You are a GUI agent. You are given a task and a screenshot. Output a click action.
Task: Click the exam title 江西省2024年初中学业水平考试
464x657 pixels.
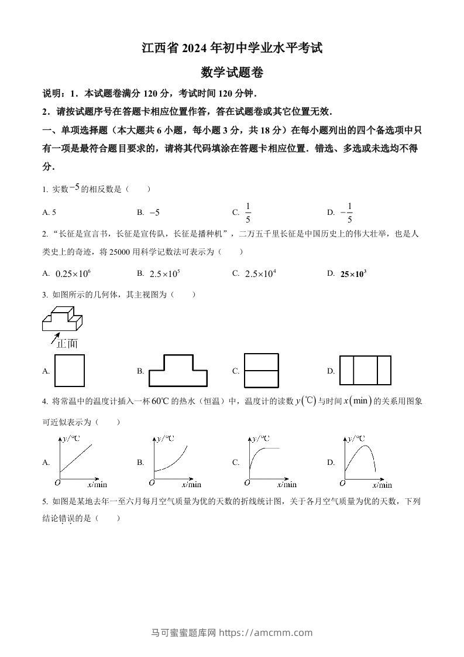pyautogui.click(x=232, y=48)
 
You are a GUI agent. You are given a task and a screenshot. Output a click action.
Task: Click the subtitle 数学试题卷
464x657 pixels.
pyautogui.click(x=232, y=73)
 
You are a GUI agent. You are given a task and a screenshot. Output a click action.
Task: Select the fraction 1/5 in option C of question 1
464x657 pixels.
pyautogui.click(x=248, y=213)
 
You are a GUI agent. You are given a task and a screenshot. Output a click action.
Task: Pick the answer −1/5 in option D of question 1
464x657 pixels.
pyautogui.click(x=348, y=213)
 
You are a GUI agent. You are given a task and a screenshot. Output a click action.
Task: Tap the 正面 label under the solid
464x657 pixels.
pyautogui.click(x=67, y=344)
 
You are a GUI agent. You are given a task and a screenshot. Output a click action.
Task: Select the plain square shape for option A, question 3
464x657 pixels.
pyautogui.click(x=69, y=371)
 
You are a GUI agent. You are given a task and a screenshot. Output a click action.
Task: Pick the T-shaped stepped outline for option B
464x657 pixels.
pyautogui.click(x=178, y=371)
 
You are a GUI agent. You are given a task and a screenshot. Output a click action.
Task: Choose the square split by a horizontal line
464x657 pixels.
pyautogui.click(x=261, y=371)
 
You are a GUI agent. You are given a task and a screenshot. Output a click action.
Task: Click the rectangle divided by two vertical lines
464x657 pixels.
pyautogui.click(x=365, y=371)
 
